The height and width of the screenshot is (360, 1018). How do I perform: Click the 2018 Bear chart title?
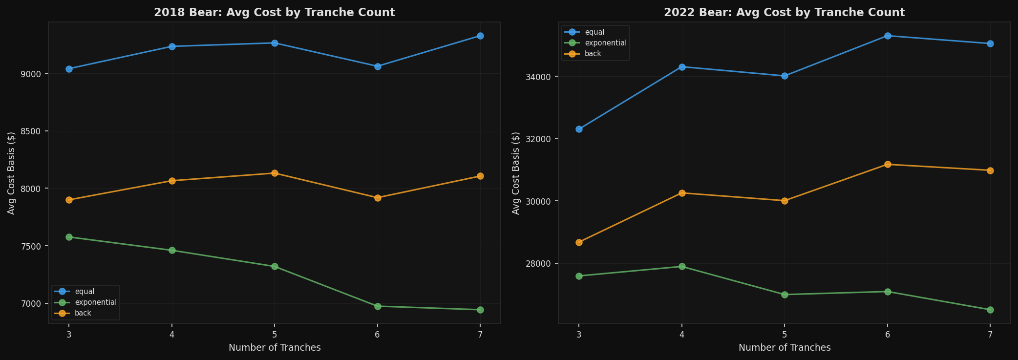click(274, 13)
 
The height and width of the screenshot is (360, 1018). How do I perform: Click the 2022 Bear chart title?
click(784, 13)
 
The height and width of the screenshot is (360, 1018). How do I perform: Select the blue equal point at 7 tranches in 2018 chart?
click(480, 36)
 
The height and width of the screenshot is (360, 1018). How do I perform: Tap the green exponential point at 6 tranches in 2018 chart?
click(378, 306)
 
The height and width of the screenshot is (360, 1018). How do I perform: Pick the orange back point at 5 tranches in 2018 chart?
click(275, 173)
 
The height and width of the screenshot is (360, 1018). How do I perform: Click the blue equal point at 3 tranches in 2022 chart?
click(579, 129)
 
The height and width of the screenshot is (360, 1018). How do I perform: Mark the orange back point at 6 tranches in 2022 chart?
click(888, 164)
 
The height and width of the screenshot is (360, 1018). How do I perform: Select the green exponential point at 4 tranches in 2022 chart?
click(682, 266)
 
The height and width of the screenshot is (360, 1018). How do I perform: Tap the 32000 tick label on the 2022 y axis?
click(542, 139)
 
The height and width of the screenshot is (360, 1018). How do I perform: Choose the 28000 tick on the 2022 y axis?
click(542, 264)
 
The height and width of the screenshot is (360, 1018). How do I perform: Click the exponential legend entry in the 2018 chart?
click(95, 302)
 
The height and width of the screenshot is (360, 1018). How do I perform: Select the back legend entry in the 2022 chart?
click(593, 54)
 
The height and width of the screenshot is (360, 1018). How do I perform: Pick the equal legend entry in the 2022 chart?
click(594, 32)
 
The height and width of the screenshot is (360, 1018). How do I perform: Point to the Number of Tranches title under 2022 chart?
click(784, 348)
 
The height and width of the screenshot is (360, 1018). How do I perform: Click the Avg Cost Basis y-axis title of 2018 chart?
click(11, 173)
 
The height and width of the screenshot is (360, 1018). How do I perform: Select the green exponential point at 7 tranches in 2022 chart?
click(990, 310)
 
